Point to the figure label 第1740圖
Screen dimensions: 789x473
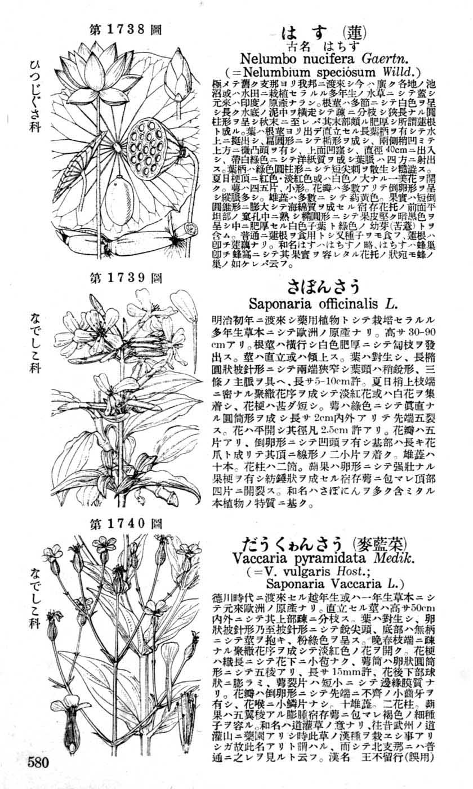[126, 524]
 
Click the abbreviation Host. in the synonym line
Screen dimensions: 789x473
[348, 570]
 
